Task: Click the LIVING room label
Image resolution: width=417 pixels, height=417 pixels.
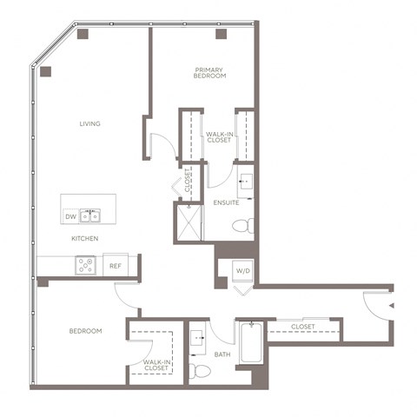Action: coord(89,124)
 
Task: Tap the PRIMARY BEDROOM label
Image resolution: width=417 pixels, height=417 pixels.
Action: coord(210,72)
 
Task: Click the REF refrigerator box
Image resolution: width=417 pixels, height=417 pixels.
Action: coord(115,266)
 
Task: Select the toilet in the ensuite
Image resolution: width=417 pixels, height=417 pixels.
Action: coord(242,226)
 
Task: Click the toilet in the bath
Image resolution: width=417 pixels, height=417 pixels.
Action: coord(200,371)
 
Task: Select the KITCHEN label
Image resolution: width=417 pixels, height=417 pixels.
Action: coord(84,238)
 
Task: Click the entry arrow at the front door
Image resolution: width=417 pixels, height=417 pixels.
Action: coord(392,306)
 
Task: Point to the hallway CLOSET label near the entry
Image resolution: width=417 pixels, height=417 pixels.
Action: coord(302,327)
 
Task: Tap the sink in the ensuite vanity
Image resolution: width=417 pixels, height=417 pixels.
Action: coord(245,182)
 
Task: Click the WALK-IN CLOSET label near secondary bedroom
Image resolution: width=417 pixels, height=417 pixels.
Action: coord(156,365)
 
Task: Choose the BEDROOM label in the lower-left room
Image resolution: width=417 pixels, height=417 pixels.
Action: coord(86,331)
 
